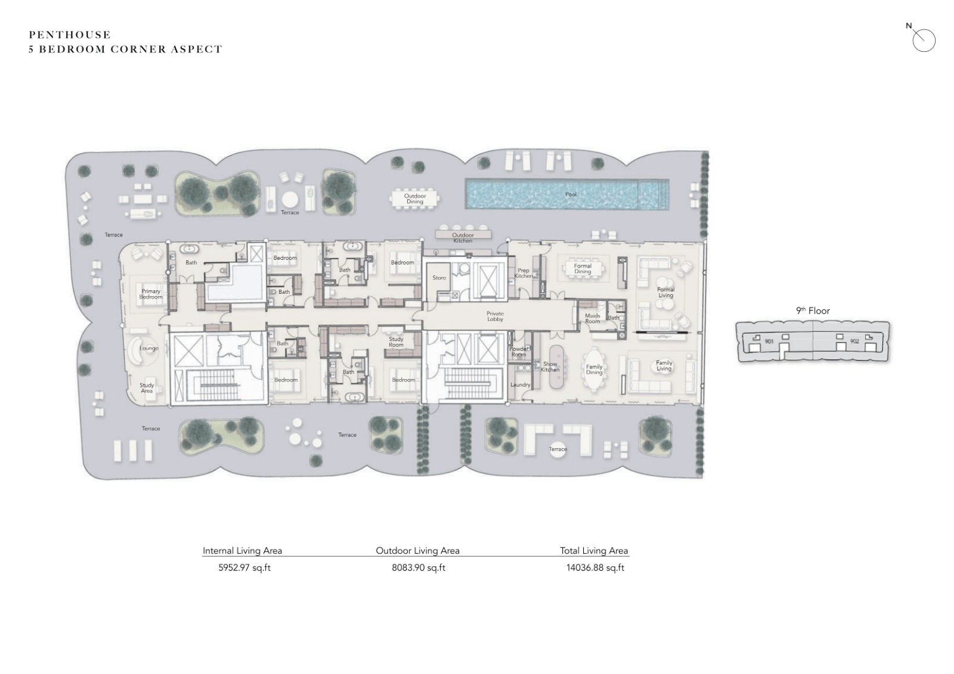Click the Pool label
(571, 194)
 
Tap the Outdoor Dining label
(415, 199)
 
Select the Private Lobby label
(495, 316)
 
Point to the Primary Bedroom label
(151, 294)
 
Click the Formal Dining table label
(583, 269)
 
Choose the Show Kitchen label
(550, 366)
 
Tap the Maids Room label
(593, 318)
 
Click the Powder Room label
(518, 352)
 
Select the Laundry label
(521, 385)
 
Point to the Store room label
(439, 278)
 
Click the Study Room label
(396, 342)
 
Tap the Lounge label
(149, 348)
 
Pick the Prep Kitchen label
(524, 273)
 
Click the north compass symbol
(922, 39)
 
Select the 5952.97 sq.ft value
(244, 567)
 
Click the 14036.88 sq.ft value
(596, 567)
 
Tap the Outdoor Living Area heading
(418, 551)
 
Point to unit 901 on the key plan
(769, 341)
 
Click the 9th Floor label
(813, 311)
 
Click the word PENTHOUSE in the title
(70, 35)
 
